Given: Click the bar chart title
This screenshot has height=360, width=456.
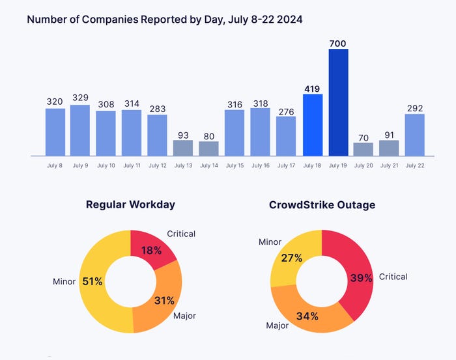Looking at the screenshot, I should pyautogui.click(x=164, y=20).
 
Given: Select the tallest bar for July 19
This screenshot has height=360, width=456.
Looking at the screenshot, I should pyautogui.click(x=338, y=102).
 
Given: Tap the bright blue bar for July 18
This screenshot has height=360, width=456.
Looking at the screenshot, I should pyautogui.click(x=313, y=125).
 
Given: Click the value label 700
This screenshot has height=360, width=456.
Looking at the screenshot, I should pyautogui.click(x=338, y=44).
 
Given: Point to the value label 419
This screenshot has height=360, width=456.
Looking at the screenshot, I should pyautogui.click(x=313, y=88).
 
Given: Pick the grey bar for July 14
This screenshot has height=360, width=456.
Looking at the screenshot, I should pyautogui.click(x=208, y=148).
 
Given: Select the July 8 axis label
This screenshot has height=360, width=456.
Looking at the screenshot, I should pyautogui.click(x=55, y=166).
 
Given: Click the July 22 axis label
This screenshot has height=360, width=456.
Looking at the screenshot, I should pyautogui.click(x=415, y=166).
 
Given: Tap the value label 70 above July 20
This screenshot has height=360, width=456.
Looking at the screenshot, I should pyautogui.click(x=363, y=137).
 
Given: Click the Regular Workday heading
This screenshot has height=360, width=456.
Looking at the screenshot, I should pyautogui.click(x=130, y=204).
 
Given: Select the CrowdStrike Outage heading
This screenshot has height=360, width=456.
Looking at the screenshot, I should pyautogui.click(x=322, y=204).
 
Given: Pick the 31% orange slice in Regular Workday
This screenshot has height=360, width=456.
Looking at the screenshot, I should pyautogui.click(x=163, y=303).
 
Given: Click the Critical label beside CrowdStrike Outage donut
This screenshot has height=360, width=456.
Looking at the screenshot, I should pyautogui.click(x=393, y=277).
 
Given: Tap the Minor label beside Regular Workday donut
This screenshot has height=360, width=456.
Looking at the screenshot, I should pyautogui.click(x=64, y=282).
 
